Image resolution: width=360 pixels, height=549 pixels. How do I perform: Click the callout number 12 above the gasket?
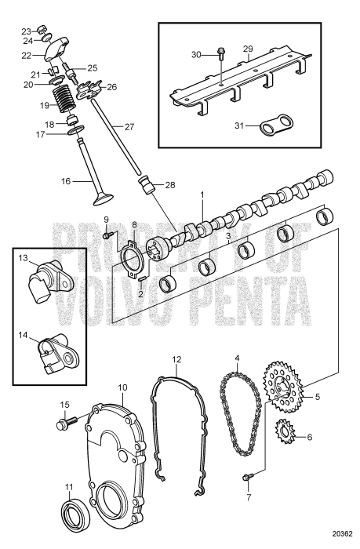click(x=177, y=359)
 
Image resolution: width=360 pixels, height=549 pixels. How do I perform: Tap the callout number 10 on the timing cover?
click(x=122, y=387)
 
